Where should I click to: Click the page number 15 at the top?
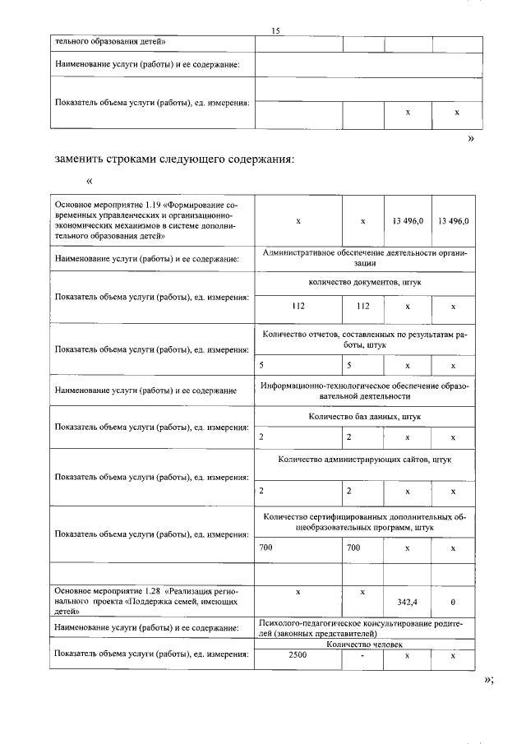[276, 30]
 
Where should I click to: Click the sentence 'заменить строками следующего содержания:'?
[174, 159]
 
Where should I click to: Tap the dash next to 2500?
[362, 655]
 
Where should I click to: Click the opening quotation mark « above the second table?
[90, 182]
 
